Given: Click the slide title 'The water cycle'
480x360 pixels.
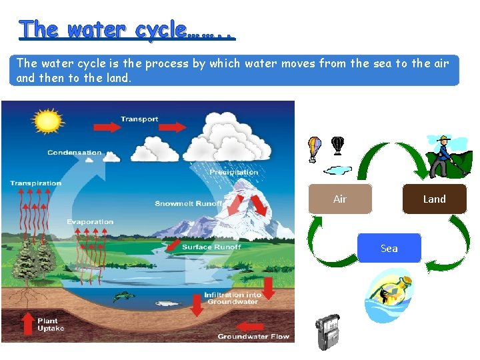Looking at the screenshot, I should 127,29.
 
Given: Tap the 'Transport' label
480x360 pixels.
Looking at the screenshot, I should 139,119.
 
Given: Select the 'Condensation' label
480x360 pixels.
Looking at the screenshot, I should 74,153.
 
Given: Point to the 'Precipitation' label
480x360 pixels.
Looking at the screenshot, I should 233,172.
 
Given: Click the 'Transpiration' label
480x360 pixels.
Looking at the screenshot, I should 35,183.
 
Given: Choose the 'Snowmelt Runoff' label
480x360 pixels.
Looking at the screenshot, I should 189,203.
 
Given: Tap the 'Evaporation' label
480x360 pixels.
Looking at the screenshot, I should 90,222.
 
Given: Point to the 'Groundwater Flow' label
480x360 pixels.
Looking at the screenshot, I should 253,337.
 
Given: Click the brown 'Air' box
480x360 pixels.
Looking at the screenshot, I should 340,199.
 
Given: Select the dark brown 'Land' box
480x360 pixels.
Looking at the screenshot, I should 434,199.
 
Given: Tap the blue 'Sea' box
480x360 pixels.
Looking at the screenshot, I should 389,248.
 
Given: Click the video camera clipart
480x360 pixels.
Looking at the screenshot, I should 328,332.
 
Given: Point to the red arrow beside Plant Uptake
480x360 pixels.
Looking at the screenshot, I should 27,323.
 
